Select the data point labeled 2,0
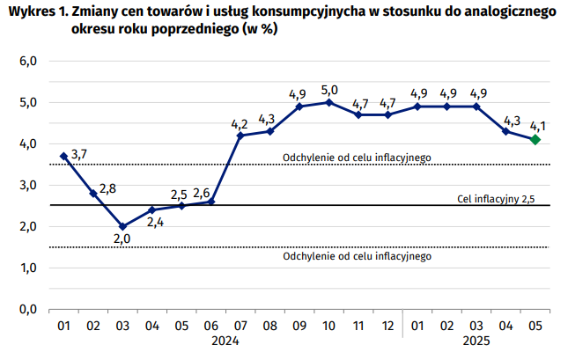pos(122,226)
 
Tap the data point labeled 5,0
pos(328,102)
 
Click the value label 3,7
pos(78,154)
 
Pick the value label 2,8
pos(107,187)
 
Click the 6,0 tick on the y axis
pos(28,62)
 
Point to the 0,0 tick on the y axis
pos(28,309)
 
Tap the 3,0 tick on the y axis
pos(28,185)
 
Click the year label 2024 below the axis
pos(225,342)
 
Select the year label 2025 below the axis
pos(476,342)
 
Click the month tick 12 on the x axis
pos(387,326)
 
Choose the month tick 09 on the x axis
pos(299,326)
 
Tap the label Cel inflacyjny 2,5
pos(496,199)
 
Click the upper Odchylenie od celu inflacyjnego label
pos(357,158)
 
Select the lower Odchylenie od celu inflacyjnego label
pos(357,257)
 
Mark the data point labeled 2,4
pos(151,209)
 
